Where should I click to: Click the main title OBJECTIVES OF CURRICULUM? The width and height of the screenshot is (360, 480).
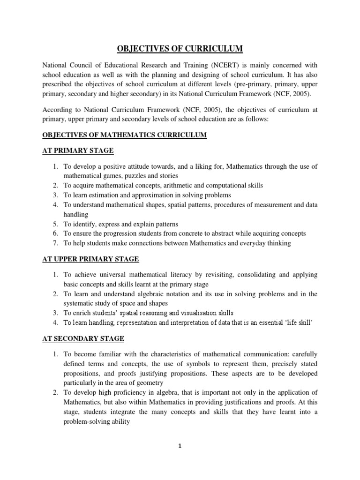(180, 48)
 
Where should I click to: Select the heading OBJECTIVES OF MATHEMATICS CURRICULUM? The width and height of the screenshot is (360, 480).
(125, 135)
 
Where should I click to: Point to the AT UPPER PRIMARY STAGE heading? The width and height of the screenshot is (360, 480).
(90, 259)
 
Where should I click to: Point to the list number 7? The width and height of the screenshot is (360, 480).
(54, 243)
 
